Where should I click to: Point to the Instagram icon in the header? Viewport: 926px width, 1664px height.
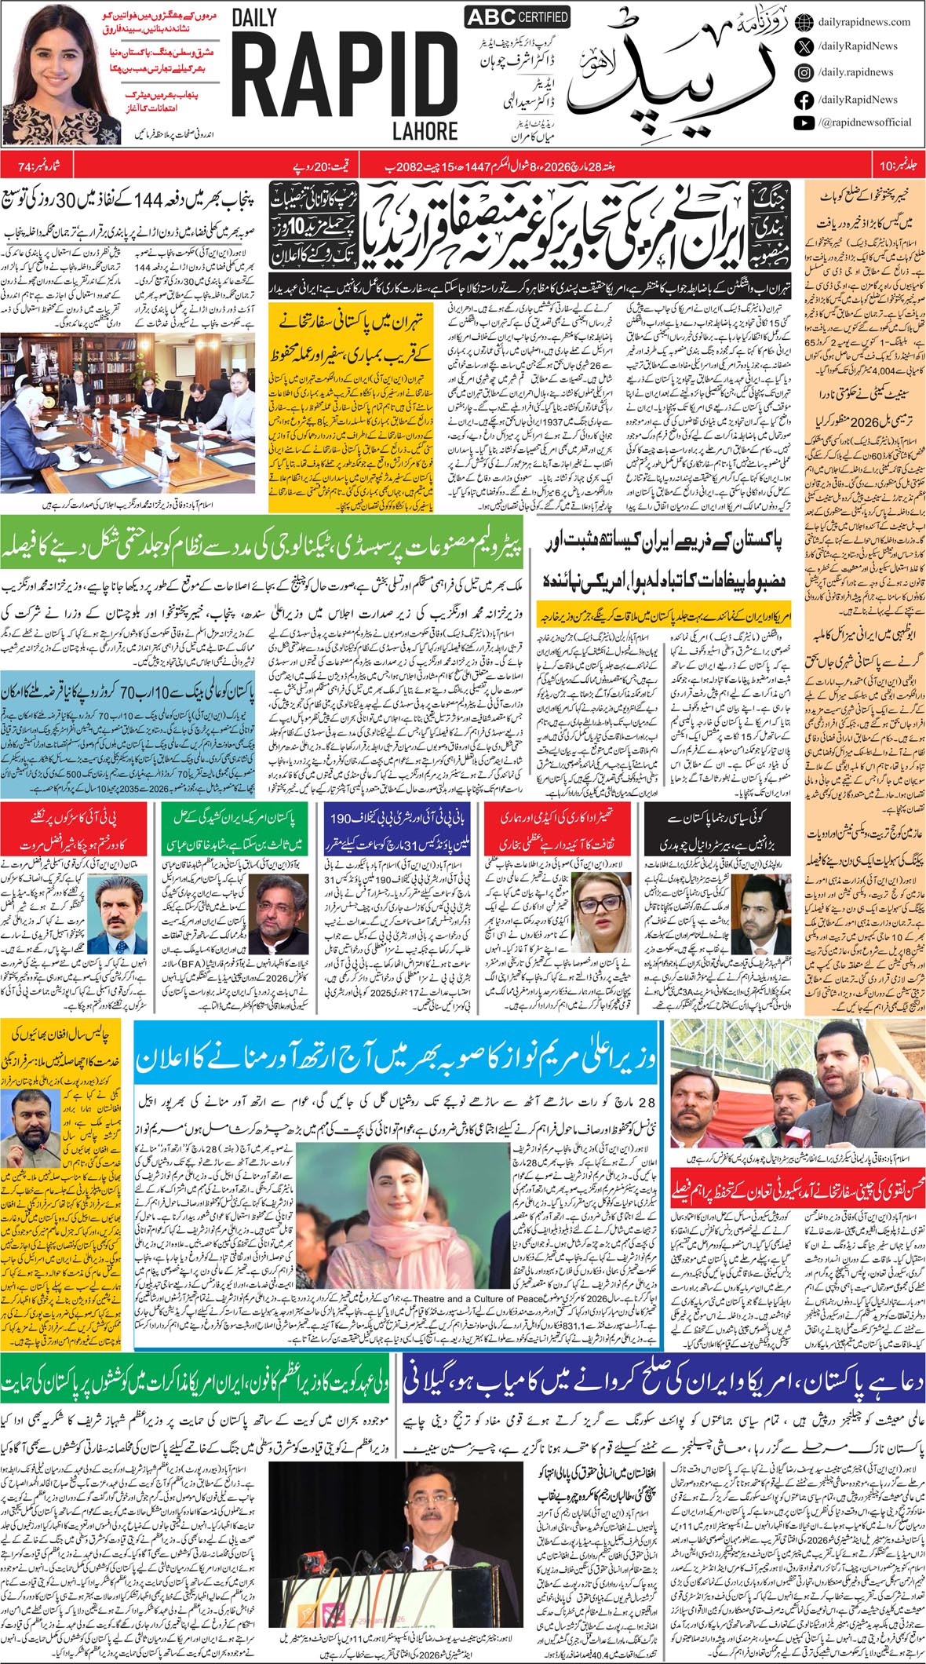point(804,72)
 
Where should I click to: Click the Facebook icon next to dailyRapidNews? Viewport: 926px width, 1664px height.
point(804,100)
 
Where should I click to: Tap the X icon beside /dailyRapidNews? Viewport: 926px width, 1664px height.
point(804,47)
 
